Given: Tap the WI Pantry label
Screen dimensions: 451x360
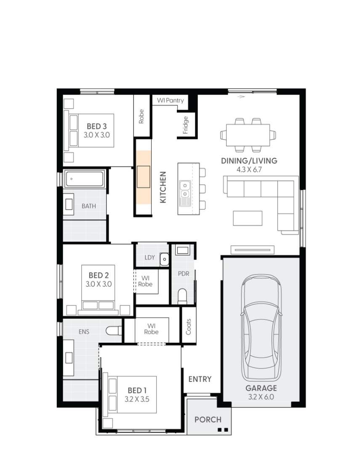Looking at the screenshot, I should (x=170, y=100).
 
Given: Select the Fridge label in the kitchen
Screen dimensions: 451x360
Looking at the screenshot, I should (x=186, y=125).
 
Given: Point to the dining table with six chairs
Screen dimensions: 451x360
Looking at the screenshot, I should (x=248, y=135).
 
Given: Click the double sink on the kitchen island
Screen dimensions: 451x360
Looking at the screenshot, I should (x=184, y=190).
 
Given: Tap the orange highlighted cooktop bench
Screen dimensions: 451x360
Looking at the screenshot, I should (x=143, y=177).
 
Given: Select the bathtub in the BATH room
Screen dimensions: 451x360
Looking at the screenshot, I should (x=85, y=179).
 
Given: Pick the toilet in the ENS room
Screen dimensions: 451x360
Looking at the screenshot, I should (x=113, y=331).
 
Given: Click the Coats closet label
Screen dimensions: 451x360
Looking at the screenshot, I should (x=188, y=326).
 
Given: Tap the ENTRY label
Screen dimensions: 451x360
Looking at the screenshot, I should (x=200, y=379).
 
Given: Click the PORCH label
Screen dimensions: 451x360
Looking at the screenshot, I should (x=208, y=419).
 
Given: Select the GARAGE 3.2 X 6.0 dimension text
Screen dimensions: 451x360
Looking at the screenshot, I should (x=261, y=396).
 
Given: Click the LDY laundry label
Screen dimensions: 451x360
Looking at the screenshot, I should (x=149, y=257).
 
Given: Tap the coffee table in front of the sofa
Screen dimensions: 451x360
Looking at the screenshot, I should (x=248, y=218).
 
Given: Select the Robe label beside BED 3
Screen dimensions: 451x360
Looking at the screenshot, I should (x=141, y=116).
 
